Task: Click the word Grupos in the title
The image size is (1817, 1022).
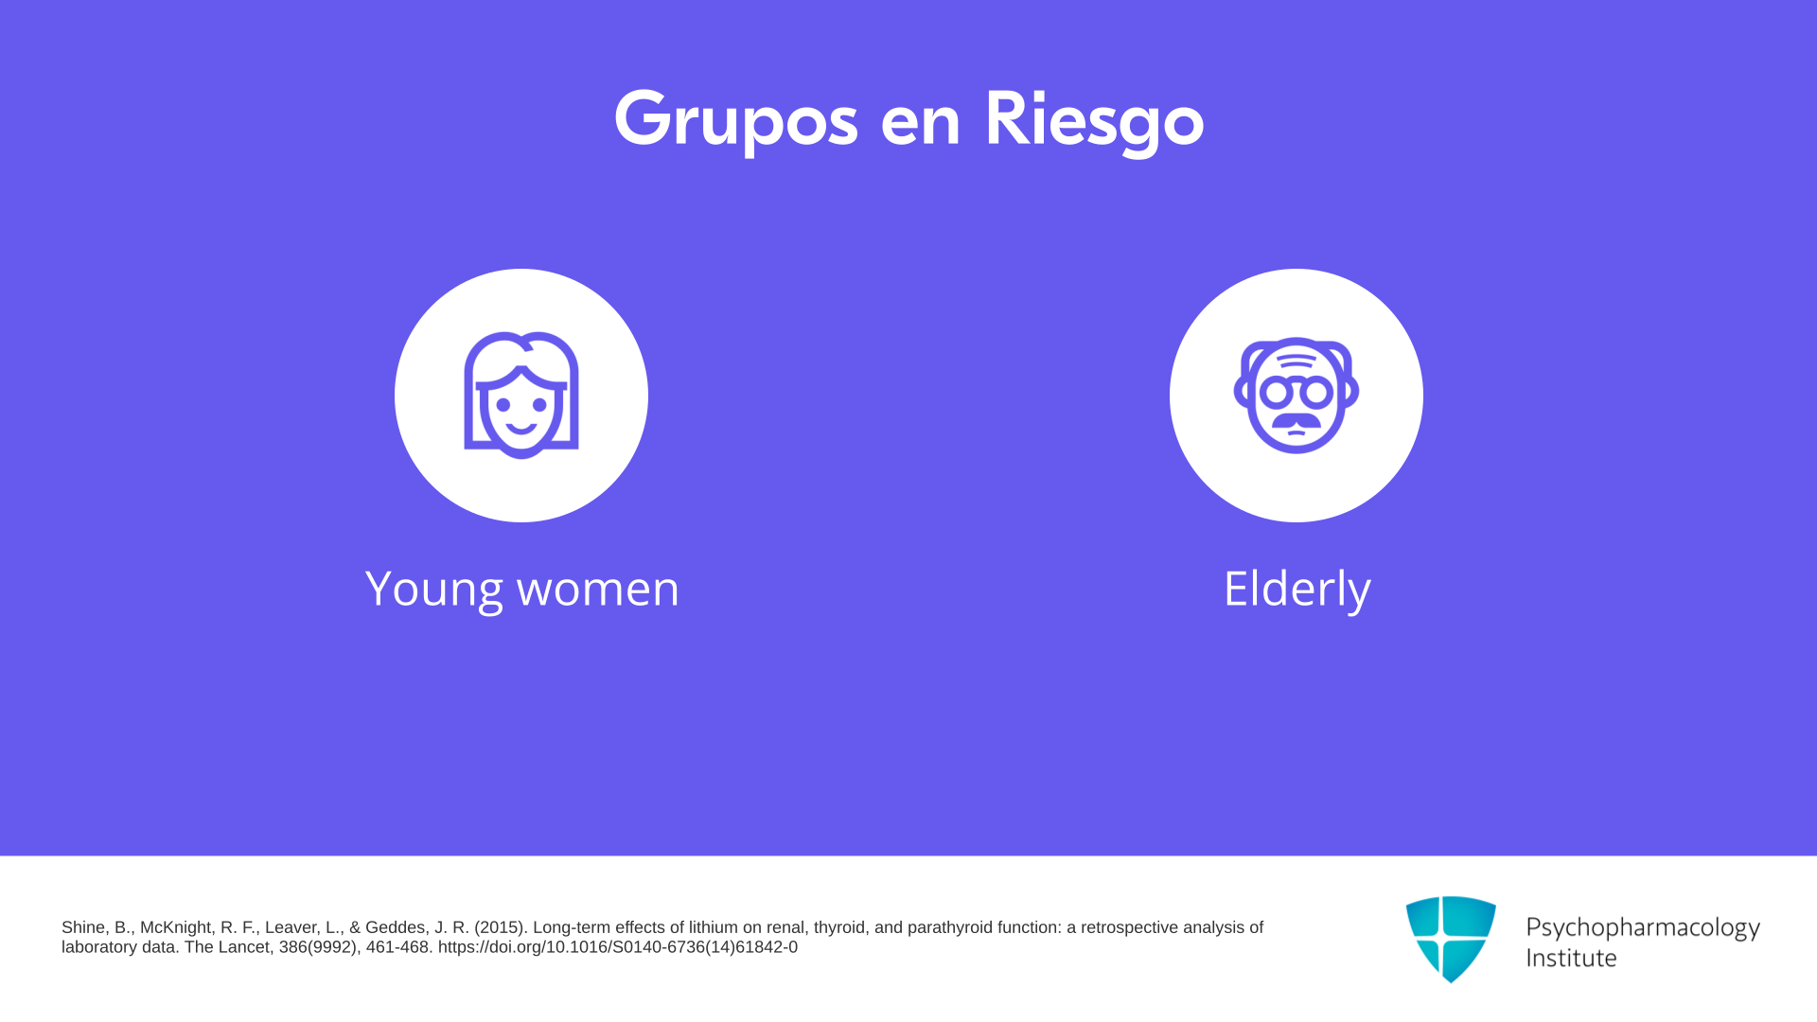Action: [736, 120]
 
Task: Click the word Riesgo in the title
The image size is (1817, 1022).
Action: [1094, 120]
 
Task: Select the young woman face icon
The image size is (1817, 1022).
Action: [521, 396]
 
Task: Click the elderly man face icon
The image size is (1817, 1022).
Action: [1297, 396]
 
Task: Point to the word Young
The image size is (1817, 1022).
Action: [434, 590]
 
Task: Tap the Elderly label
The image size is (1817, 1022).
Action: [1297, 590]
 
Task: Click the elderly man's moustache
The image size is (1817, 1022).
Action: [1297, 420]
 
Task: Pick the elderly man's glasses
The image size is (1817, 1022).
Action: [1297, 391]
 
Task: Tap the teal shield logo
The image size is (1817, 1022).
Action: [1451, 939]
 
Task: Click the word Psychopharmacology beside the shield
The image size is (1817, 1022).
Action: [1643, 928]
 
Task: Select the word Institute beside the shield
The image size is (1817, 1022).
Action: [1572, 958]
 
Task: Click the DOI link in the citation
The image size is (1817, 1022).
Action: [618, 947]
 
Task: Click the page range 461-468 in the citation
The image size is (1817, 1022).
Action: [397, 947]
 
